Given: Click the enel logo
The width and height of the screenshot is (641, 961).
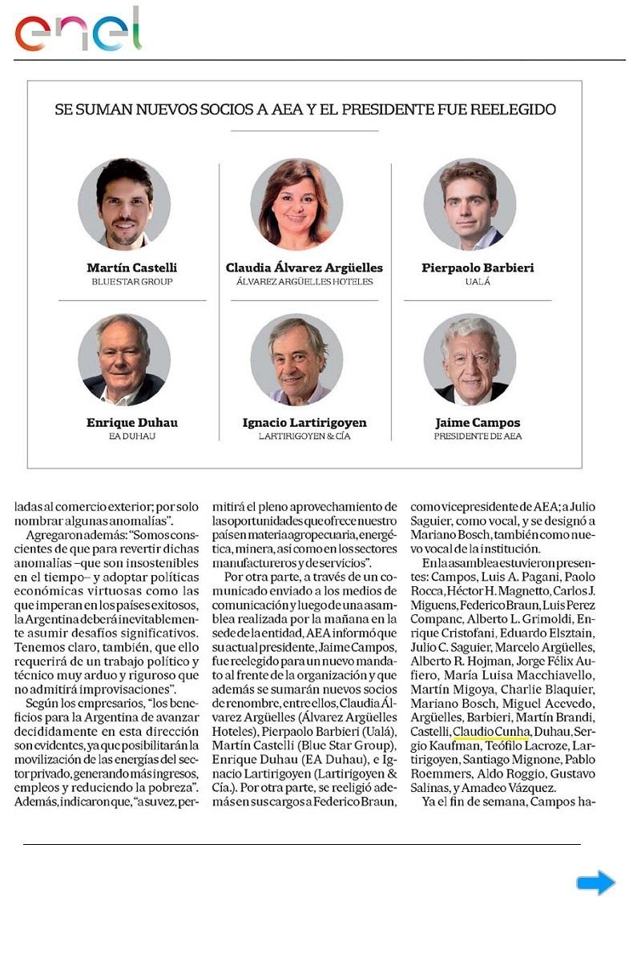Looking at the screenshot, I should coord(79,30).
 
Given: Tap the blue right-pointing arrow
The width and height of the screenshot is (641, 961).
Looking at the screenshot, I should coord(595,883).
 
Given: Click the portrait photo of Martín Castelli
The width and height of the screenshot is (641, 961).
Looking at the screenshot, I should coord(124,204).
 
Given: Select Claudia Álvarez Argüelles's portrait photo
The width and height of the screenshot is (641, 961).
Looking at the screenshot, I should coord(296,204).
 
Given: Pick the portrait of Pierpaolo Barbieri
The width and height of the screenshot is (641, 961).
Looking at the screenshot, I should coord(470,204).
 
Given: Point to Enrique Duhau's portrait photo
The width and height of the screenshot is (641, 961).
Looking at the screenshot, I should coord(124,360).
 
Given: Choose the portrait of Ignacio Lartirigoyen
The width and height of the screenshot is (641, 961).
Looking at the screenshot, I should coord(296,360).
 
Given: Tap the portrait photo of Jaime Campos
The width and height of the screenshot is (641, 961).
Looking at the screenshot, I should coord(470,360).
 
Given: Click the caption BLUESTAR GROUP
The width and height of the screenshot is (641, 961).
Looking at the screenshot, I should coord(131,282).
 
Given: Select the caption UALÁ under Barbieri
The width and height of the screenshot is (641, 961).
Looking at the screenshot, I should coord(478,282).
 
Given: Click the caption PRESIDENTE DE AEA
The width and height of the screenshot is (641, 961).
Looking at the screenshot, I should coord(478,436).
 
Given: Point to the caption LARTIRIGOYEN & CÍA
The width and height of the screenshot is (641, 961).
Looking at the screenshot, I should coord(304,436).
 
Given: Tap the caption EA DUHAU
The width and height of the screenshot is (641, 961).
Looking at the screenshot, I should coord(131,436).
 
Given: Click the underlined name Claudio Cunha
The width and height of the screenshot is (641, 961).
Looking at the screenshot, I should coord(490,731).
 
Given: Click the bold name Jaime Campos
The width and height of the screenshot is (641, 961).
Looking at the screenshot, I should coord(478,422).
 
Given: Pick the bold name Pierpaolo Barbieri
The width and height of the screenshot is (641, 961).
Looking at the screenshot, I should coord(478,267).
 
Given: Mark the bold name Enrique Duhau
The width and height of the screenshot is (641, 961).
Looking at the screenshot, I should coord(131,422).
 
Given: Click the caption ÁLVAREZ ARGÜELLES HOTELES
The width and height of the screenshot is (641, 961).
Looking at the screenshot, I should coord(304,282).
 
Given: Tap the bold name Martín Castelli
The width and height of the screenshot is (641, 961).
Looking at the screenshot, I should coord(131,267).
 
